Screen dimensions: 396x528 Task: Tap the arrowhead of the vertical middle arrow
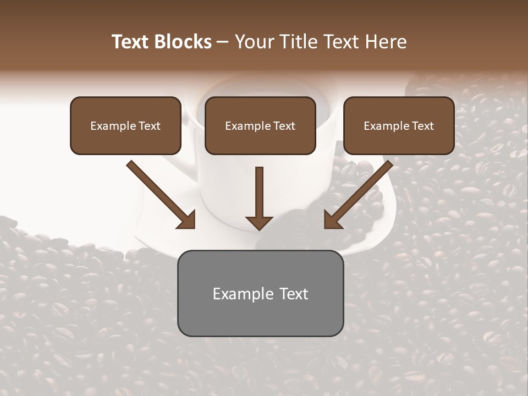point(260,222)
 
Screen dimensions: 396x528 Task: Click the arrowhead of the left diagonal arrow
point(187,220)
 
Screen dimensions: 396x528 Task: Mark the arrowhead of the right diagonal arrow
point(332,220)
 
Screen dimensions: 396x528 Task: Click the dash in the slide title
point(223,42)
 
